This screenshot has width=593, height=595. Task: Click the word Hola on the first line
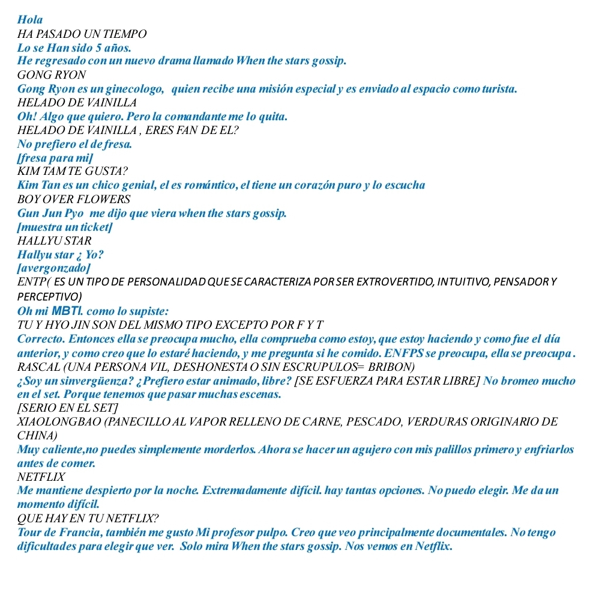point(30,20)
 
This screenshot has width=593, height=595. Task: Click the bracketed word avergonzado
point(55,268)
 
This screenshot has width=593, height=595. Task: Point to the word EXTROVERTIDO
point(384,282)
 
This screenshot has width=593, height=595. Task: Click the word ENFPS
point(397,353)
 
